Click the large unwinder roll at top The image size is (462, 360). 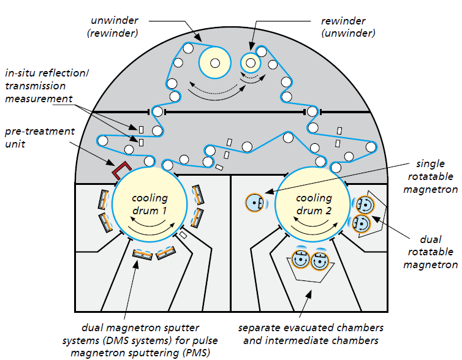[x=215, y=62]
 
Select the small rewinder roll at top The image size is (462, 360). [x=251, y=62]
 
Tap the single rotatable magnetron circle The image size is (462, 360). [x=254, y=203]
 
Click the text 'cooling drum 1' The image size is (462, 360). [x=150, y=204]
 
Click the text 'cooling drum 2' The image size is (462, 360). [x=314, y=204]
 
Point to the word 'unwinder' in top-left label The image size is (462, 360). [x=115, y=20]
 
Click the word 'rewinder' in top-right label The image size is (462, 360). [x=343, y=21]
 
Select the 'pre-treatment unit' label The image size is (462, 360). [x=40, y=138]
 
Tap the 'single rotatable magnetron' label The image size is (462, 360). [x=431, y=176]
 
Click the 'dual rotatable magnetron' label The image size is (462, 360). [x=431, y=252]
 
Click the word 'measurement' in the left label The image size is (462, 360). [x=39, y=99]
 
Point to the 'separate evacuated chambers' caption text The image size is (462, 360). [x=311, y=328]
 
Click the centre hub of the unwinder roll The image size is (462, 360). [x=215, y=62]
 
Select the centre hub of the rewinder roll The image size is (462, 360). [x=251, y=62]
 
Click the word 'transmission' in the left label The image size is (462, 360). [x=36, y=86]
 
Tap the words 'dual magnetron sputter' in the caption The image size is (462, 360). [x=140, y=328]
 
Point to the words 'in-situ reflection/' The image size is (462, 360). [x=47, y=73]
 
